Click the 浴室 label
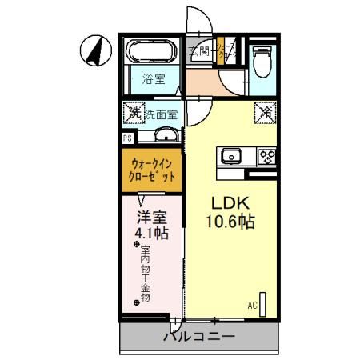tap(153, 78)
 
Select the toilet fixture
tap(262, 61)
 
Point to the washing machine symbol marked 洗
tap(133, 113)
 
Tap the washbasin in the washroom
tap(166, 134)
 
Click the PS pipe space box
tap(127, 138)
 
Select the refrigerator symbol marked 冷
tap(266, 113)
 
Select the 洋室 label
tap(152, 217)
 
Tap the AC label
tap(252, 305)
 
